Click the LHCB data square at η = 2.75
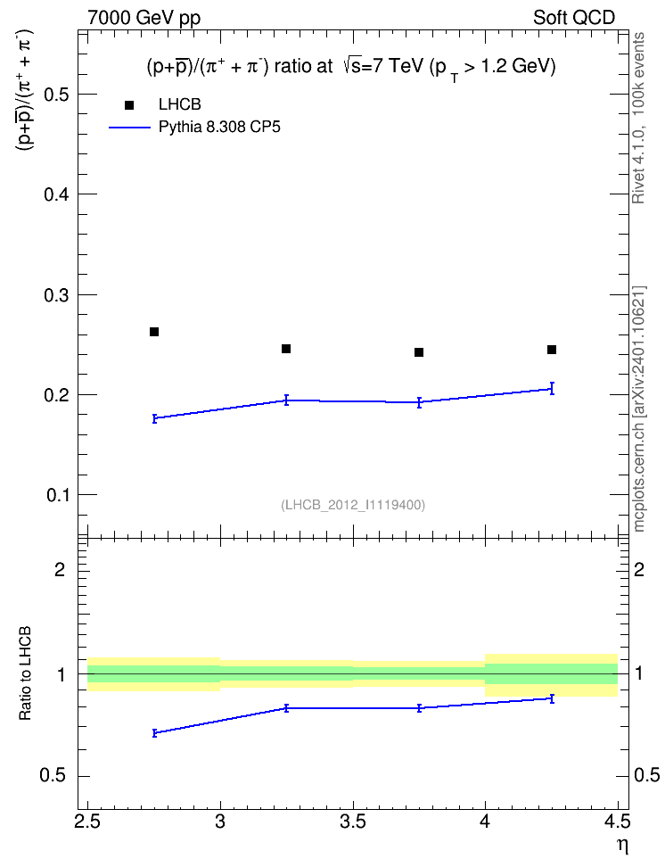click(x=154, y=332)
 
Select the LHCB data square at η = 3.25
click(x=286, y=349)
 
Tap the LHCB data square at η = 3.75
click(x=419, y=352)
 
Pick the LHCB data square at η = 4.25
click(x=552, y=350)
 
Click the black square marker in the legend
click(x=129, y=105)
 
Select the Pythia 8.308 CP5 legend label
click(x=219, y=128)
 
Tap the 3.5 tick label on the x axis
click(x=353, y=822)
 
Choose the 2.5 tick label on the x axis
click(x=88, y=822)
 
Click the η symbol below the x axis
click(x=623, y=846)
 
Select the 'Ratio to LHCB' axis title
click(x=25, y=673)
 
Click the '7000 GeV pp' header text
click(x=144, y=18)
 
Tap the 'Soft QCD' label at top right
click(x=574, y=18)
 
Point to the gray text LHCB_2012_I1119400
click(x=353, y=505)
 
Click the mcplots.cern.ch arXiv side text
click(x=639, y=409)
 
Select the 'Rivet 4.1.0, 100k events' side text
click(x=638, y=118)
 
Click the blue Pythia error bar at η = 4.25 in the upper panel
click(x=552, y=388)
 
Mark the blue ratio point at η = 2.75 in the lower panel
click(x=154, y=733)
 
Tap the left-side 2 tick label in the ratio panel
click(x=60, y=569)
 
